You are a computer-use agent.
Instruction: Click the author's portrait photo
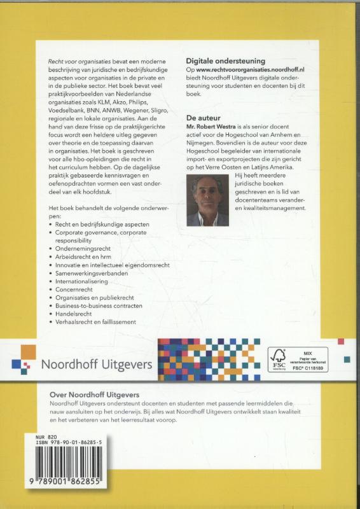(x=207, y=201)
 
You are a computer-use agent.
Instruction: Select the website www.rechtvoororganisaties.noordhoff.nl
(x=259, y=67)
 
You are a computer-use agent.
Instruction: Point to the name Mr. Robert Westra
(x=216, y=129)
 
